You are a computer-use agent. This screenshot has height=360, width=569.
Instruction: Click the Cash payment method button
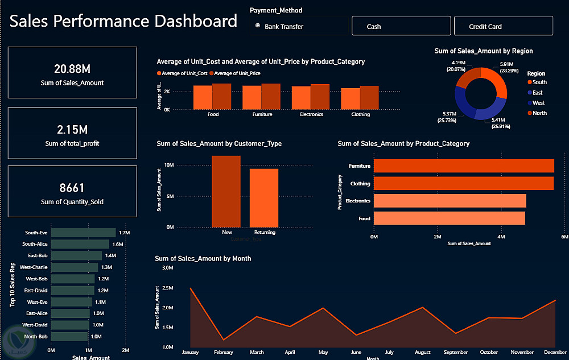[x=401, y=26]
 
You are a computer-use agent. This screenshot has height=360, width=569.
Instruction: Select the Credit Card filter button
[x=503, y=26]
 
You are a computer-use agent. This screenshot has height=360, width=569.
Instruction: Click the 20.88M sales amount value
[x=72, y=69]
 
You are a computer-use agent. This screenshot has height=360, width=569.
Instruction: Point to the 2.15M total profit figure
[x=72, y=130]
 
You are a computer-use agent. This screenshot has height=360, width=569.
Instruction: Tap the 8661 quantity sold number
[x=72, y=188]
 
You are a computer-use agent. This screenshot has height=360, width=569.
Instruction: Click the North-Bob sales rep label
[x=36, y=337]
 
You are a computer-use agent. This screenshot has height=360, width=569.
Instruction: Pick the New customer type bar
[x=226, y=191]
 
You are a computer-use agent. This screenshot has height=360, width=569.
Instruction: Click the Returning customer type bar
[x=264, y=197]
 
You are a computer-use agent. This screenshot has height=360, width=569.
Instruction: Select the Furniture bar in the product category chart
[x=464, y=165]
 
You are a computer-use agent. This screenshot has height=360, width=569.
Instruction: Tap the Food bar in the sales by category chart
[x=450, y=218]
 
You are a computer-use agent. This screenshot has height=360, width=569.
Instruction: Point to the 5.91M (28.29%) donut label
[x=506, y=68]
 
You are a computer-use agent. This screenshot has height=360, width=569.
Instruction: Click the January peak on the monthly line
[x=191, y=288]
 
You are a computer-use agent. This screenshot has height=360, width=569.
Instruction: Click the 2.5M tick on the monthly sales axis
[x=167, y=288]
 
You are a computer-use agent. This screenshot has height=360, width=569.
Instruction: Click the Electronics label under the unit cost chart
[x=311, y=114]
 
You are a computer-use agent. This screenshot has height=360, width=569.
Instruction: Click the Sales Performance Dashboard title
[x=123, y=22]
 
